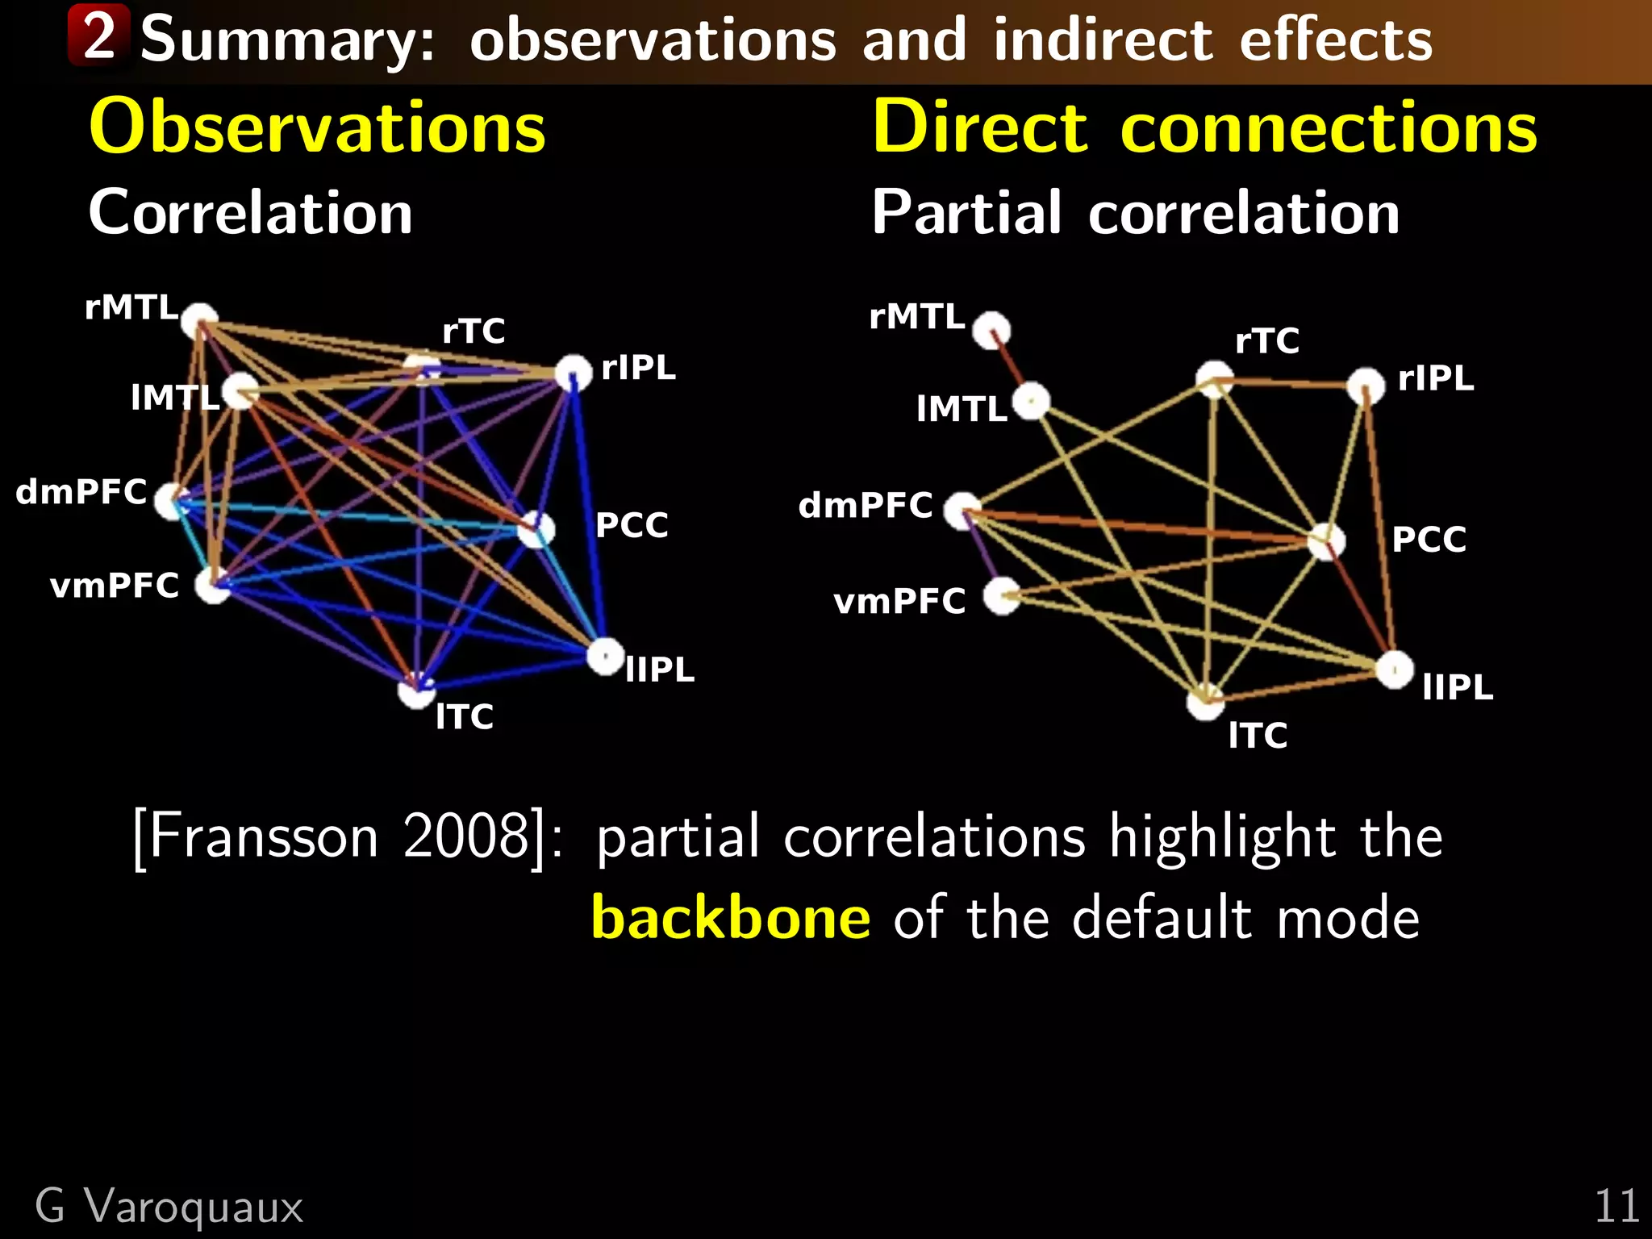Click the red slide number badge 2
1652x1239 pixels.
[98, 35]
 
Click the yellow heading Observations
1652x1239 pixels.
[317, 127]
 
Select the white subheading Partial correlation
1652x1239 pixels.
[1135, 213]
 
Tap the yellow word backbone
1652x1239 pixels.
[730, 918]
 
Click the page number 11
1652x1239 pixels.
[1616, 1207]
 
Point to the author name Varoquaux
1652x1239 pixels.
[194, 1207]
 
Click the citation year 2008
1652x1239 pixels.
[465, 836]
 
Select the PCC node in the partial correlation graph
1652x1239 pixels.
[1325, 540]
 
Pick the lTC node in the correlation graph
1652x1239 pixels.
[416, 690]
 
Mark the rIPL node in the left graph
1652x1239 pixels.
[574, 372]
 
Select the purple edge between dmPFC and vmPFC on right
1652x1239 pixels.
[983, 553]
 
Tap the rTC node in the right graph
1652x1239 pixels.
[1214, 379]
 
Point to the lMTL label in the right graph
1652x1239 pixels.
[962, 410]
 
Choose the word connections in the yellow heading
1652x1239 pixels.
[1328, 128]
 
